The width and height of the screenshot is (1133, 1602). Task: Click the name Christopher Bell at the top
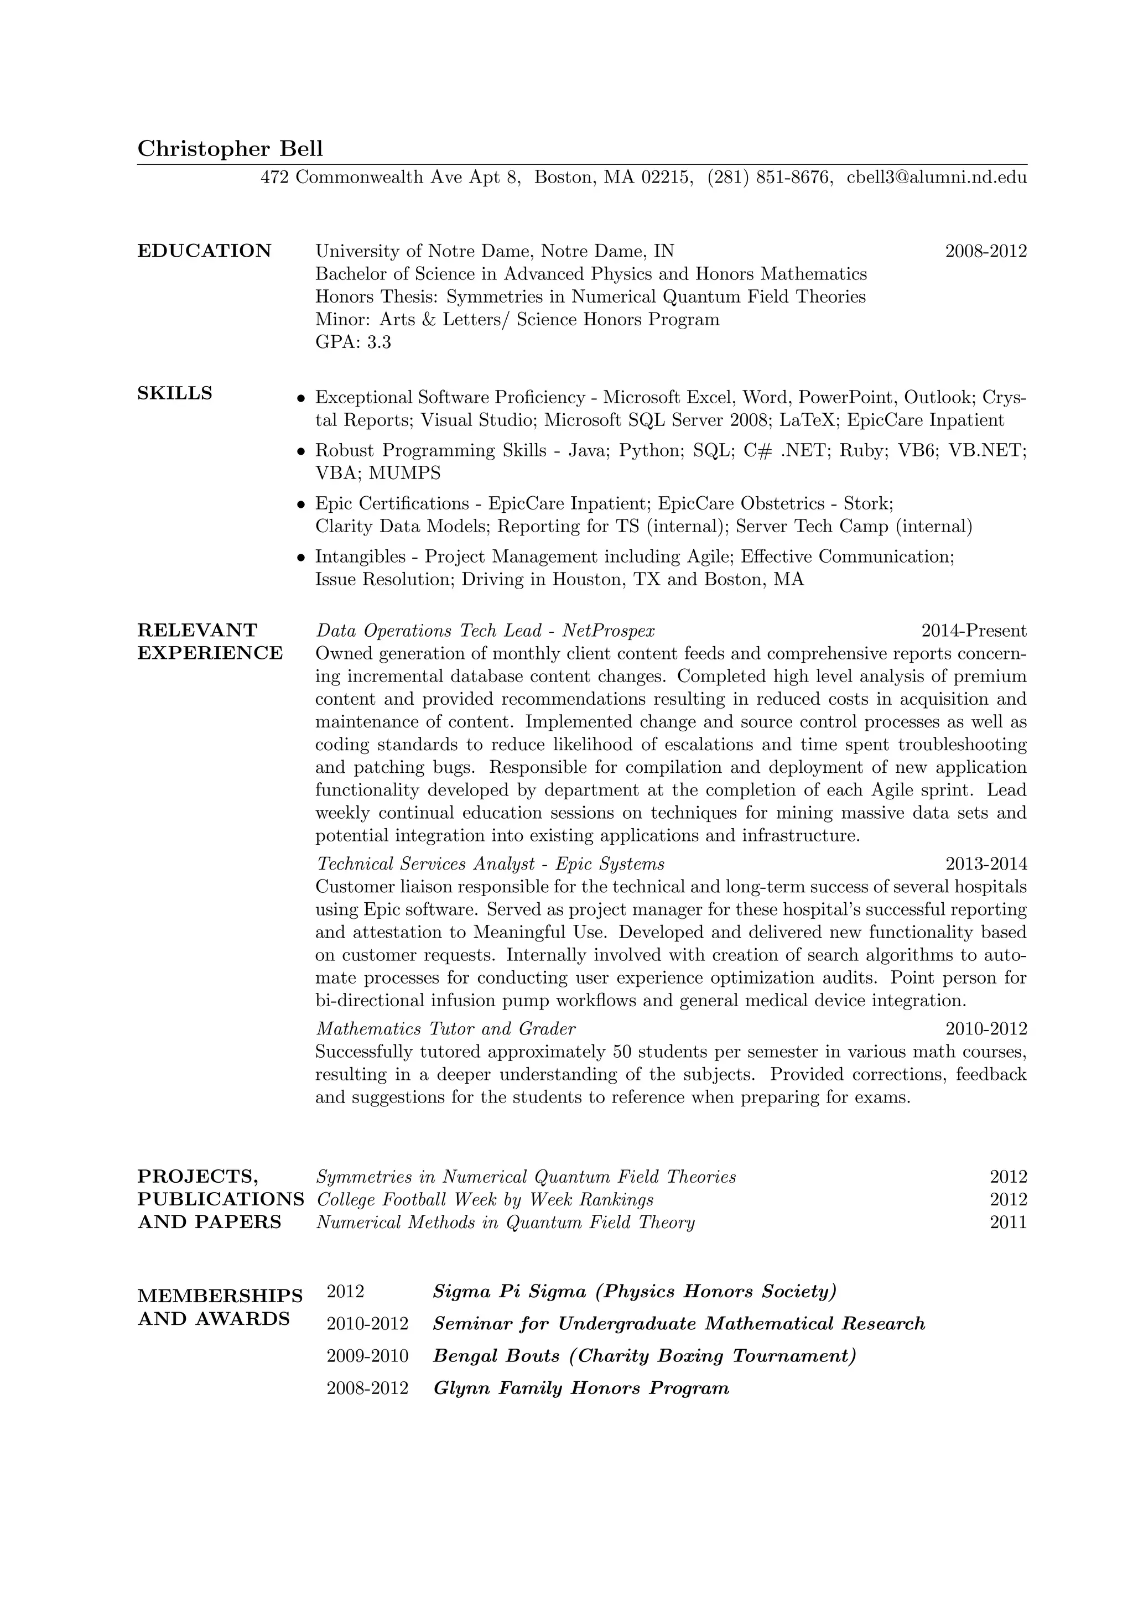click(230, 149)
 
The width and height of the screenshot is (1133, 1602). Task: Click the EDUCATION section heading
click(204, 251)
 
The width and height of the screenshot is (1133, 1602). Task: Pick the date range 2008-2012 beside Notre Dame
click(986, 251)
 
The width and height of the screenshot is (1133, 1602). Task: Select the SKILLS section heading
click(174, 393)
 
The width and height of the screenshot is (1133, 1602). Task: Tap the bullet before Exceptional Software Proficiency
click(302, 398)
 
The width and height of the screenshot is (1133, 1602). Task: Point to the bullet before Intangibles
click(302, 558)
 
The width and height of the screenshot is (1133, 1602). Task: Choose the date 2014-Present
click(974, 631)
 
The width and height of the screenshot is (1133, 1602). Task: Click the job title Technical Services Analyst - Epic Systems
click(491, 865)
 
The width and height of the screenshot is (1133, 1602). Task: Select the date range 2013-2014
click(986, 865)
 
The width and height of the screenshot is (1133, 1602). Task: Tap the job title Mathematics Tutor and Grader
click(446, 1029)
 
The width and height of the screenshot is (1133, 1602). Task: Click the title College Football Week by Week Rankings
click(485, 1200)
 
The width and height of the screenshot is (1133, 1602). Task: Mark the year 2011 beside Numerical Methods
click(1008, 1223)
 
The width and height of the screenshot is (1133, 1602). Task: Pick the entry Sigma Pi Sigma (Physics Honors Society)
click(634, 1292)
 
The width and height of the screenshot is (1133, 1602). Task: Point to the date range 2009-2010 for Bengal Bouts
click(367, 1356)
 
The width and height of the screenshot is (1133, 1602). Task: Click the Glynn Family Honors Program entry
click(580, 1388)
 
